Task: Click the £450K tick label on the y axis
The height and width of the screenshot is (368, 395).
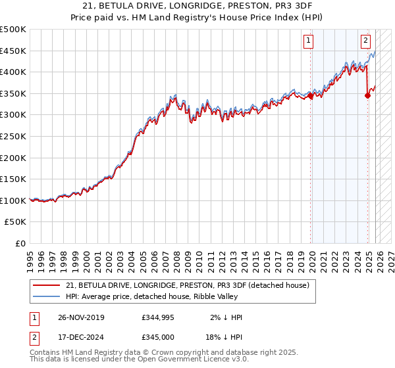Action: [x=13, y=51]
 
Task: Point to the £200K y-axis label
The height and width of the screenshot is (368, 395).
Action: [x=13, y=158]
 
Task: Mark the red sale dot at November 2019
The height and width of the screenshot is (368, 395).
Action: [x=310, y=95]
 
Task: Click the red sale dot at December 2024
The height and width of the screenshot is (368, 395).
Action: [x=367, y=95]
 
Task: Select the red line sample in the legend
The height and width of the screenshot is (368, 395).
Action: [x=46, y=285]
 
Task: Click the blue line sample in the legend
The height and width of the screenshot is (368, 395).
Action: [x=46, y=296]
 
